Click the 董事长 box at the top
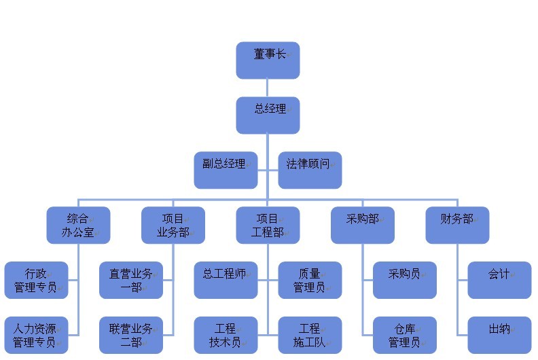pyautogui.click(x=268, y=60)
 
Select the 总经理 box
pyautogui.click(x=268, y=115)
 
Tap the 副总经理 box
pyautogui.click(x=226, y=170)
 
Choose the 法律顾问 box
pyautogui.click(x=310, y=170)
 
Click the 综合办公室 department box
pyautogui.click(x=78, y=225)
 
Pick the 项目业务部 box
pyautogui.click(x=173, y=225)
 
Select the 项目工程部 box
pyautogui.click(x=268, y=225)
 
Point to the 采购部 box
pyautogui.click(x=363, y=225)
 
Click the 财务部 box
pyautogui.click(x=457, y=225)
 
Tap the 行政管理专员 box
pyautogui.click(x=36, y=280)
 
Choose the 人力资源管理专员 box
pyautogui.click(x=36, y=335)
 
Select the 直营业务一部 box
pyautogui.click(x=131, y=280)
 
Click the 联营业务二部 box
pyautogui.click(x=131, y=335)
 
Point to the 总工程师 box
pyautogui.click(x=226, y=280)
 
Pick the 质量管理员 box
pyautogui.click(x=310, y=280)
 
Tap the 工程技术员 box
pyautogui.click(x=226, y=335)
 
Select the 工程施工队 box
pyautogui.click(x=310, y=335)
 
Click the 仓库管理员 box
pyautogui.click(x=404, y=335)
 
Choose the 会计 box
pyautogui.click(x=499, y=280)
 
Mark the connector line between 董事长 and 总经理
pyautogui.click(x=268, y=88)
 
